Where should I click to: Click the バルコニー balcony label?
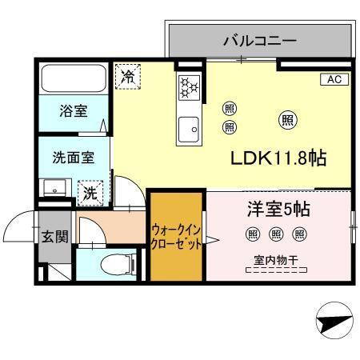click(x=259, y=39)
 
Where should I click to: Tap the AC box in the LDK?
click(x=334, y=79)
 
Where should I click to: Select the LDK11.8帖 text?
click(x=278, y=158)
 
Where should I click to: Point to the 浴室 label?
click(x=74, y=111)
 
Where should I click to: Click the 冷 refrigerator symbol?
click(x=126, y=76)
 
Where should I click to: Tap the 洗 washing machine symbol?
click(x=91, y=193)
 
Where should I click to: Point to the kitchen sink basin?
click(x=191, y=126)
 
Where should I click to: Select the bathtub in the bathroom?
click(x=74, y=79)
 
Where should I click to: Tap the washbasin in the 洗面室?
click(x=55, y=189)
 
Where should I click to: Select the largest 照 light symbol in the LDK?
click(x=286, y=120)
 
